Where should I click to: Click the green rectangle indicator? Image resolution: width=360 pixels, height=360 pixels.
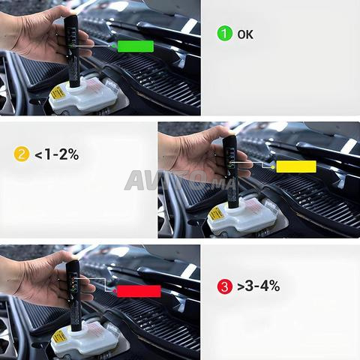coord(136,46)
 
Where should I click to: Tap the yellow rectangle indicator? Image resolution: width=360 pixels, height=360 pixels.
coord(296,166)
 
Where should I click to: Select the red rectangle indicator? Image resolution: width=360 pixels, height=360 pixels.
coord(139,291)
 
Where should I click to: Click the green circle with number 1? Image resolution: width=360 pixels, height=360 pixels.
coord(224,34)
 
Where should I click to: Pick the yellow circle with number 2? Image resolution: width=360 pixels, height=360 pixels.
coord(22,154)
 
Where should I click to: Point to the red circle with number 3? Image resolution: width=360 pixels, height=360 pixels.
coord(225,286)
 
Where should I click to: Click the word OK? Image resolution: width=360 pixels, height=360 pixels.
coord(245,34)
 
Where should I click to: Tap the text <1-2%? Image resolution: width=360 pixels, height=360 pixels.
coord(57,154)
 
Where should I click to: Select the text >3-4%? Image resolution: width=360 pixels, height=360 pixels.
coord(258,286)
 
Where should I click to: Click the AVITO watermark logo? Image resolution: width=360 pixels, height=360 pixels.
coord(180,181)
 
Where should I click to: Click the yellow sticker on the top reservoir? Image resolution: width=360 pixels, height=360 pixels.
coord(58,92)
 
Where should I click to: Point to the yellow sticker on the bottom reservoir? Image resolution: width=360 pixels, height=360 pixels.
coord(59,337)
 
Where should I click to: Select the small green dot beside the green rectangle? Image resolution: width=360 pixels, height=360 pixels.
coord(113,46)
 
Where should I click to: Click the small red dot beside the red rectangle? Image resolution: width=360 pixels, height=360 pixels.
coord(115,291)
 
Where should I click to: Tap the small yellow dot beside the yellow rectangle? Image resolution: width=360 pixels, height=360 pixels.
coord(273,166)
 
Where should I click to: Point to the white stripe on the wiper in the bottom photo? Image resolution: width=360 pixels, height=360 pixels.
coord(189,271)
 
